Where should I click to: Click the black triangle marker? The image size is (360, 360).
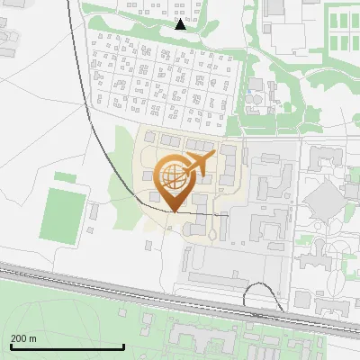coord(180,24)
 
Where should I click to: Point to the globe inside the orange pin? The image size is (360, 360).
coord(172,175)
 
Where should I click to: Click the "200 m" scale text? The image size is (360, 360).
coord(23,338)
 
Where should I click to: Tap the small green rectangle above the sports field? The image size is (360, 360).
coord(65,176)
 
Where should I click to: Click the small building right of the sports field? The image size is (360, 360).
coord(93,212)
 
